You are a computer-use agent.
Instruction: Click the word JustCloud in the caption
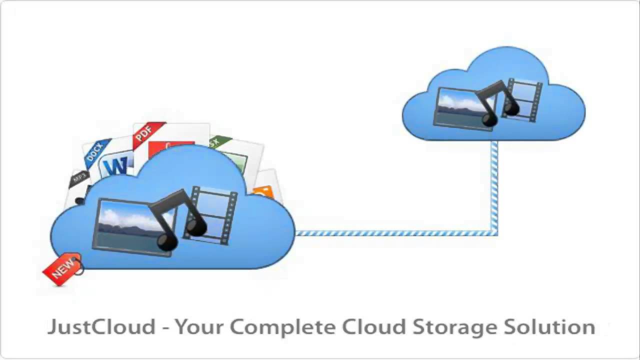click(101, 327)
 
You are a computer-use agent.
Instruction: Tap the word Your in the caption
click(200, 327)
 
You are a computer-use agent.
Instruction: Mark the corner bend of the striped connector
click(494, 232)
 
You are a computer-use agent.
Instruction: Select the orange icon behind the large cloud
click(263, 192)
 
